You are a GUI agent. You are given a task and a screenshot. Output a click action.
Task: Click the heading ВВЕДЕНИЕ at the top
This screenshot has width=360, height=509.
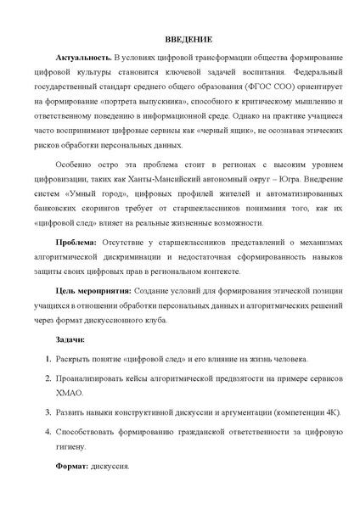pos(180,40)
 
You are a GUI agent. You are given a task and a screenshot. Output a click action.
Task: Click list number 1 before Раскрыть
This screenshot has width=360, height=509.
pos(48,360)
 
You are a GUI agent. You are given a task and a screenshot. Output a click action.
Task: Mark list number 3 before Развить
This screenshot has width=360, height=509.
pos(48,413)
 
